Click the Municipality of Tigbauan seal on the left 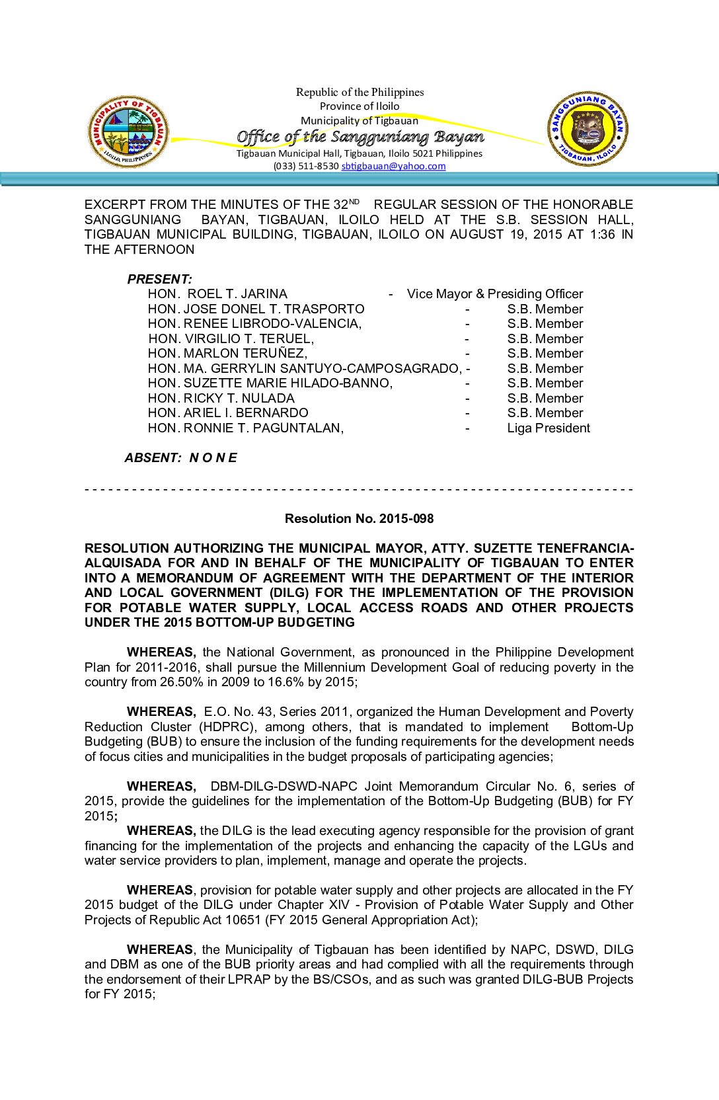coord(128,131)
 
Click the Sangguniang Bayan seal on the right coord(587,129)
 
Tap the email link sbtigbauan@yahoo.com coord(393,167)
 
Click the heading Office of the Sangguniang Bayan coord(360,137)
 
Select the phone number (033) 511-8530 coord(306,167)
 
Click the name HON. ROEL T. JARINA coord(217,294)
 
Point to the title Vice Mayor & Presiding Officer coord(495,294)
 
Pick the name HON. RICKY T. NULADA coord(221,399)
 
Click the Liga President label coord(549,428)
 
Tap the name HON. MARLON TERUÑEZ coord(227,354)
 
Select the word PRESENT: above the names coord(159,279)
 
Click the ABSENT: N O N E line coord(180,457)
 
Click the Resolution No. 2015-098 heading coord(359,519)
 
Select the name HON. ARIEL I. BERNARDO coord(228,413)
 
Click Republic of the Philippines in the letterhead coord(359,93)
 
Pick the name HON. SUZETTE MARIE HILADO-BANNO coord(270,383)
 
